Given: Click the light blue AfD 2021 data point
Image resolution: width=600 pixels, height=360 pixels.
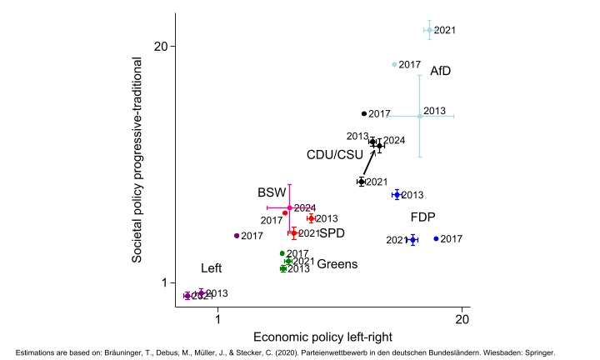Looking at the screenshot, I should (x=428, y=30).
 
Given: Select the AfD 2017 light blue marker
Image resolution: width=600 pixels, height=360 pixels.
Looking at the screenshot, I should (x=394, y=65).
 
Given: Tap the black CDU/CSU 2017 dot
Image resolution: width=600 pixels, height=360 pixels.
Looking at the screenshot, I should (x=364, y=113).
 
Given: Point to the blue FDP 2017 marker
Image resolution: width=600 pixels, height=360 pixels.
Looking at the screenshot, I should (x=436, y=239).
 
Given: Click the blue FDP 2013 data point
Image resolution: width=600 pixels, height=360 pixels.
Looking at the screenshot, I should (x=397, y=194).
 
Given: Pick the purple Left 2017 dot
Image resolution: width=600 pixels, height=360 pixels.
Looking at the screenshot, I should (x=237, y=236).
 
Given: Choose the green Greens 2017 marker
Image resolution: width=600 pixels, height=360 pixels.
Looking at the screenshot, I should (x=282, y=253).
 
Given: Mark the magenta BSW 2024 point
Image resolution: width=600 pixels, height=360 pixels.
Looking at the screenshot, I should (x=289, y=207).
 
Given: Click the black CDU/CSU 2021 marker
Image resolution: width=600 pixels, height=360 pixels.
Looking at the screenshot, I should (x=361, y=182).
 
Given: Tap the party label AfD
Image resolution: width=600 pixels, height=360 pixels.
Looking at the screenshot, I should (x=440, y=72).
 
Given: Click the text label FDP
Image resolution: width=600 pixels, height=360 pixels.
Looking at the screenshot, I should (x=422, y=217).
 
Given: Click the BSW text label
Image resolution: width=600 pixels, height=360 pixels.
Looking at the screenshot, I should (x=271, y=192).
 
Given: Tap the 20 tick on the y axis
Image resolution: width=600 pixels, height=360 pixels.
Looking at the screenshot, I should (x=162, y=46).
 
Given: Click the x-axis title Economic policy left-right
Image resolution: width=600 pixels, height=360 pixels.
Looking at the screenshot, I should (x=320, y=337).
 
